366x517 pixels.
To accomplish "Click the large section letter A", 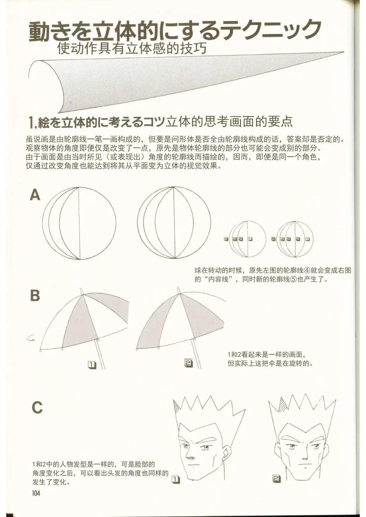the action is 35,196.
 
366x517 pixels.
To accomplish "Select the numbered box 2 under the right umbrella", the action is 189,363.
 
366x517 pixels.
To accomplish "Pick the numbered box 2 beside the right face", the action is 277,479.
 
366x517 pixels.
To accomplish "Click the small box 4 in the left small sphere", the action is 226,239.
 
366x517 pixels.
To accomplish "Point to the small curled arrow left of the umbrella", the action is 30,338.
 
